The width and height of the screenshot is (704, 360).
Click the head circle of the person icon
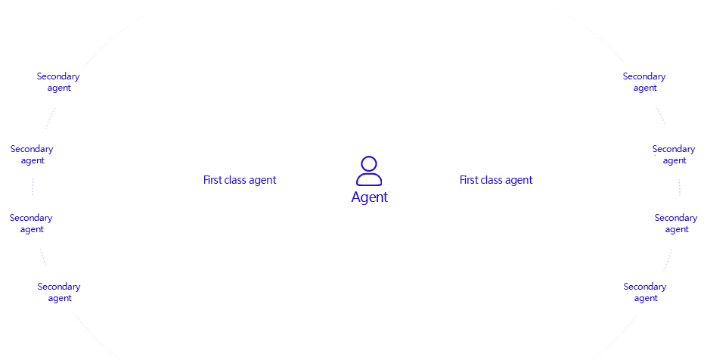tap(369, 164)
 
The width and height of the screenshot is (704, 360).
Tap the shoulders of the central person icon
tap(369, 180)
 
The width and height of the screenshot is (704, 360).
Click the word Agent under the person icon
tap(369, 197)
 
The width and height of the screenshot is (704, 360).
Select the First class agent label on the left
tap(240, 180)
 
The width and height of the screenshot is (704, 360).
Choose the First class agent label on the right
tap(496, 180)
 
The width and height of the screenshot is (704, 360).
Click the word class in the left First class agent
tap(240, 180)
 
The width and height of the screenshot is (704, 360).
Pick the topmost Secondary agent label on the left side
tap(58, 82)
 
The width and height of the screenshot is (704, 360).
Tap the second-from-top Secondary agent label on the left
tap(32, 154)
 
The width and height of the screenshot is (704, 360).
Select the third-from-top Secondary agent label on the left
tap(31, 223)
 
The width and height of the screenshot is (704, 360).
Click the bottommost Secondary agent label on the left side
tap(59, 292)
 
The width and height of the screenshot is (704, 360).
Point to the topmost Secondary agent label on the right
tap(644, 82)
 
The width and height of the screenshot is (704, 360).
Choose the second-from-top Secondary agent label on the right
tap(674, 154)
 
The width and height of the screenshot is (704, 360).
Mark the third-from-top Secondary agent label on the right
tap(676, 223)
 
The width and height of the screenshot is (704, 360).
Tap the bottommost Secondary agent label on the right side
tap(645, 292)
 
